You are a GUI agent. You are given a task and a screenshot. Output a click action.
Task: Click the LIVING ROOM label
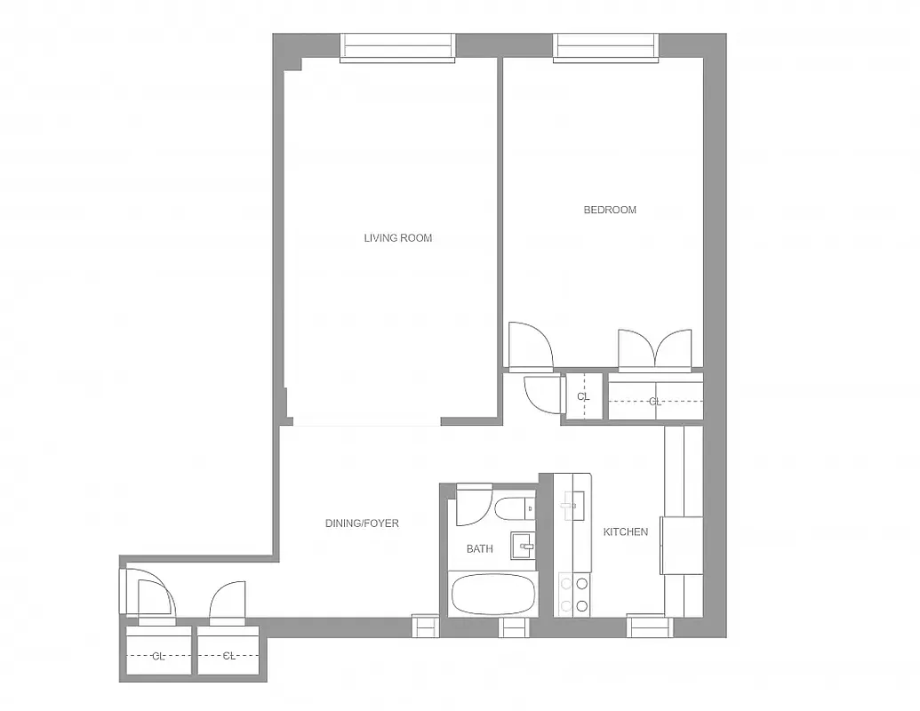point(397,237)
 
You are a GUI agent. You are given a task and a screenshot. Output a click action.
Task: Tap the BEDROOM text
point(610,210)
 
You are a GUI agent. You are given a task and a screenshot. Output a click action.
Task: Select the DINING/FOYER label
point(362,523)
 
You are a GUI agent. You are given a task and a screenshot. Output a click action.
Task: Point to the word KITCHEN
point(626,531)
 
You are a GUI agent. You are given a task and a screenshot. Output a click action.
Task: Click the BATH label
point(479,549)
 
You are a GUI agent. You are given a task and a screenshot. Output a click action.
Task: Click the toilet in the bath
point(514,509)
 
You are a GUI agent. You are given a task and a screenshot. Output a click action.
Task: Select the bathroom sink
point(521,544)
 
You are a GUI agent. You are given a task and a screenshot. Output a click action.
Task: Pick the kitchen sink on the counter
point(571,506)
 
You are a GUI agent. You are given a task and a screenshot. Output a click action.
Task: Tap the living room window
point(397,47)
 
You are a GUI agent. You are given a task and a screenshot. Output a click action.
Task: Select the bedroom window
point(607,47)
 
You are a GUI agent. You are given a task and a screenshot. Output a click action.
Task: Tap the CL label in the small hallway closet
point(583,397)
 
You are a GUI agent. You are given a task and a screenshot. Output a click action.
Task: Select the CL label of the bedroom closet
point(655,402)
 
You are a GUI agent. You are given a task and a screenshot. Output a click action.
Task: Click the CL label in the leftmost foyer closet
point(158,656)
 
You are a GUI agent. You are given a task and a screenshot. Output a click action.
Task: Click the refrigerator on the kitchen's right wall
point(682,545)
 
